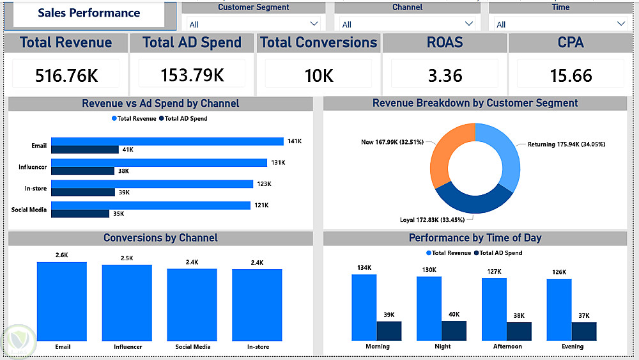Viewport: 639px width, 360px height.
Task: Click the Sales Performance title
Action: [89, 13]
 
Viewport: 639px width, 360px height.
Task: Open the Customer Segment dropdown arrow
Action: [314, 24]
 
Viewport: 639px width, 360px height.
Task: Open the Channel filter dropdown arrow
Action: [470, 24]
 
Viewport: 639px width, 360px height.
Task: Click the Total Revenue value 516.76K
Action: [66, 75]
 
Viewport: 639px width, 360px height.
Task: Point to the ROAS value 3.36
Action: [445, 75]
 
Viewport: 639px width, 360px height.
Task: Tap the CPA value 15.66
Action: [571, 75]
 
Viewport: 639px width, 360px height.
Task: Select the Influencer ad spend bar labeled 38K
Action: [82, 171]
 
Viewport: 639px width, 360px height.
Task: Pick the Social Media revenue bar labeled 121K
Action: [151, 205]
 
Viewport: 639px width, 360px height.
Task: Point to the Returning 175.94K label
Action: [566, 145]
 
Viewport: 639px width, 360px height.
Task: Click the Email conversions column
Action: [62, 301]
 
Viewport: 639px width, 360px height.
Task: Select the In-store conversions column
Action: [257, 304]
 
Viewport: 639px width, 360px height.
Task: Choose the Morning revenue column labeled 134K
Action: [364, 307]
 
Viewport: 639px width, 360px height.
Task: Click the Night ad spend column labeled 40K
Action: [454, 331]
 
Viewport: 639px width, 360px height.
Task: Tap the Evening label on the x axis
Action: [573, 347]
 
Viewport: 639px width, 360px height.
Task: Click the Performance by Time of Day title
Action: [475, 238]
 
